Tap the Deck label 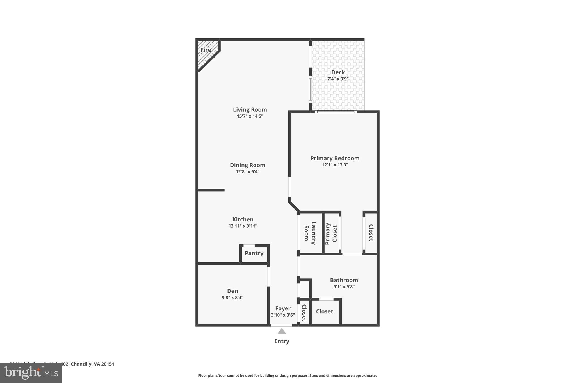pyautogui.click(x=338, y=72)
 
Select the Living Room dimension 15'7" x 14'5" pyautogui.click(x=250, y=116)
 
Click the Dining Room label pyautogui.click(x=247, y=165)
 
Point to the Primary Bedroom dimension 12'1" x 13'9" pyautogui.click(x=335, y=165)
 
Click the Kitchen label pyautogui.click(x=243, y=219)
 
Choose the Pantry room pyautogui.click(x=254, y=253)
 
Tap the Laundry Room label pyautogui.click(x=310, y=233)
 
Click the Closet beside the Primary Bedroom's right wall pyautogui.click(x=371, y=233)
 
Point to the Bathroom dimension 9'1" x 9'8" pyautogui.click(x=344, y=287)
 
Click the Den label pyautogui.click(x=232, y=291)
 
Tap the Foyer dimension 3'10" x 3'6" pyautogui.click(x=282, y=315)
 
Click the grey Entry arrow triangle pyautogui.click(x=282, y=332)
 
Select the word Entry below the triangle pyautogui.click(x=282, y=341)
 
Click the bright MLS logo pyautogui.click(x=31, y=373)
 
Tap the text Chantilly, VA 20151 pyautogui.click(x=92, y=364)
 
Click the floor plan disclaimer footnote pyautogui.click(x=287, y=375)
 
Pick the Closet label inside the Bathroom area pyautogui.click(x=324, y=311)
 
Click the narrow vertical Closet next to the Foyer pyautogui.click(x=304, y=313)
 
